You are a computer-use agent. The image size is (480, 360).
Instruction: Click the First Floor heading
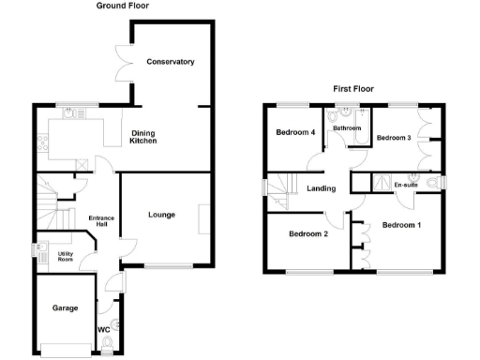[353, 89]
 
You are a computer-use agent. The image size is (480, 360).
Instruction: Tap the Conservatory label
[170, 62]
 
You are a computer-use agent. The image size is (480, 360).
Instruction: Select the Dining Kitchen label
[143, 137]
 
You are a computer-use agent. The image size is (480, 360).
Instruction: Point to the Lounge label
[161, 215]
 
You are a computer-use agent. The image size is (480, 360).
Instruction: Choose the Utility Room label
[65, 255]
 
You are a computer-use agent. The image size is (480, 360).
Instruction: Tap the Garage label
[65, 307]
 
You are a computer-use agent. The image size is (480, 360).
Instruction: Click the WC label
[104, 329]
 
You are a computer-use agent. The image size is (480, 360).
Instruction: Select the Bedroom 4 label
[294, 133]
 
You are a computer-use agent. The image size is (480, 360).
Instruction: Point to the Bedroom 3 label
[394, 138]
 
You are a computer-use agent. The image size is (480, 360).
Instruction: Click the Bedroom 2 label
[307, 233]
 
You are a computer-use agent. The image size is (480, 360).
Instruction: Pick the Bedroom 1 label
[401, 225]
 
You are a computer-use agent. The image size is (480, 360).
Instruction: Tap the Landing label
[322, 188]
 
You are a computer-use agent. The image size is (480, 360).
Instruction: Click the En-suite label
[405, 184]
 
